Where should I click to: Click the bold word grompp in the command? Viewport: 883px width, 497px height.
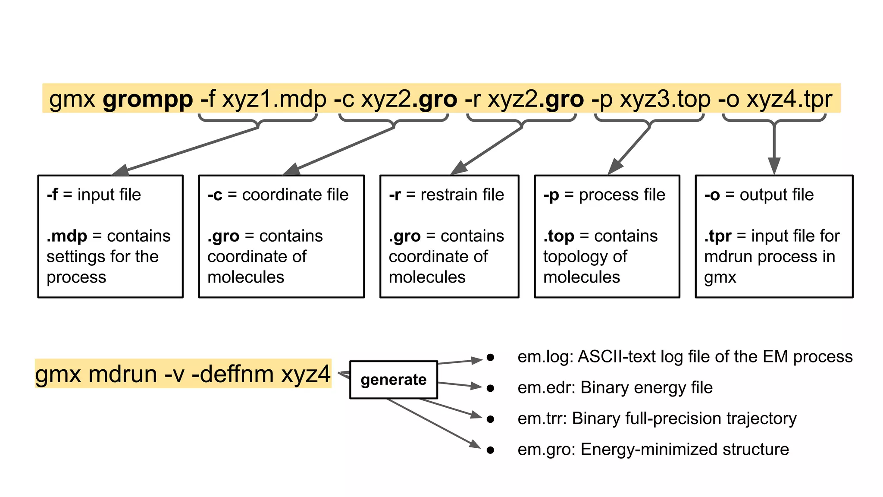[x=148, y=100]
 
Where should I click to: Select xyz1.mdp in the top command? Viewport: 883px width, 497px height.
[x=274, y=99]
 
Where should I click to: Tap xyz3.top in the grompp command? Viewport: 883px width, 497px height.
[x=665, y=99]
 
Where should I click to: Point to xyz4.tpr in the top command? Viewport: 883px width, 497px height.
[x=789, y=99]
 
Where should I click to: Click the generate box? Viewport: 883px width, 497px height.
[x=393, y=380]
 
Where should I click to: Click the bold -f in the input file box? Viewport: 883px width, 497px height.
[x=52, y=195]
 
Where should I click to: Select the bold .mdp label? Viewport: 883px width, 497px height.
[x=67, y=236]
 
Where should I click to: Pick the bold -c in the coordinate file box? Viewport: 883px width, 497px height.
[x=215, y=195]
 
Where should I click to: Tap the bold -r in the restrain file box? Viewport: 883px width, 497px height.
[x=395, y=195]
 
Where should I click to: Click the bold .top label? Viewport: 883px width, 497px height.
[x=559, y=236]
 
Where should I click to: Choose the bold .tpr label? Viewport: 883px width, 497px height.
[x=718, y=236]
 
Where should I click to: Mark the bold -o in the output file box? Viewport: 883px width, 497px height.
[x=712, y=195]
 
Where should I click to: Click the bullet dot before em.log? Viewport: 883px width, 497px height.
[x=490, y=357]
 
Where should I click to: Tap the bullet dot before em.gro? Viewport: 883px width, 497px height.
[x=490, y=450]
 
